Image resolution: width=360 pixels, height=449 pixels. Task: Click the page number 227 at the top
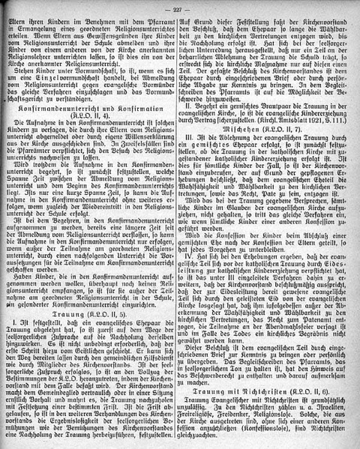point(178,8)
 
